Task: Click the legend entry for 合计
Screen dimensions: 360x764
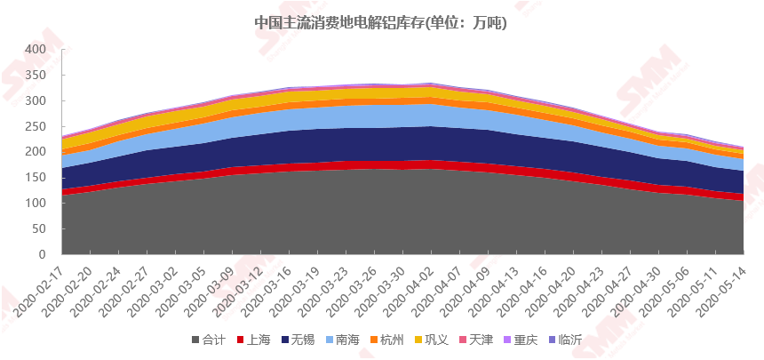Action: (208, 340)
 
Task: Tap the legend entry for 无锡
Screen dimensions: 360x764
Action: (298, 340)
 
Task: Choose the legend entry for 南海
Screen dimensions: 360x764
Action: (342, 340)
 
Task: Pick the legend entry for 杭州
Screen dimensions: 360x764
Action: (386, 340)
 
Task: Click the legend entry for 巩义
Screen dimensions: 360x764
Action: (431, 340)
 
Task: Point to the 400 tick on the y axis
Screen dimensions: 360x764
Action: (34, 49)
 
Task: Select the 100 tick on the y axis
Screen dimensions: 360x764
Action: (34, 204)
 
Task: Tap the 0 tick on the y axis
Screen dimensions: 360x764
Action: (40, 255)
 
